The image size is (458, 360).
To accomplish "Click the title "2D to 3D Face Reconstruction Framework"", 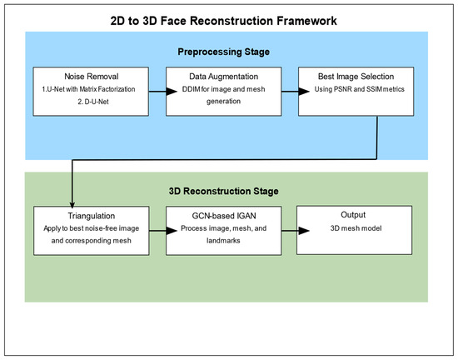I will [228, 18].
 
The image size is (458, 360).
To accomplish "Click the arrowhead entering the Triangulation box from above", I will [74, 200].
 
